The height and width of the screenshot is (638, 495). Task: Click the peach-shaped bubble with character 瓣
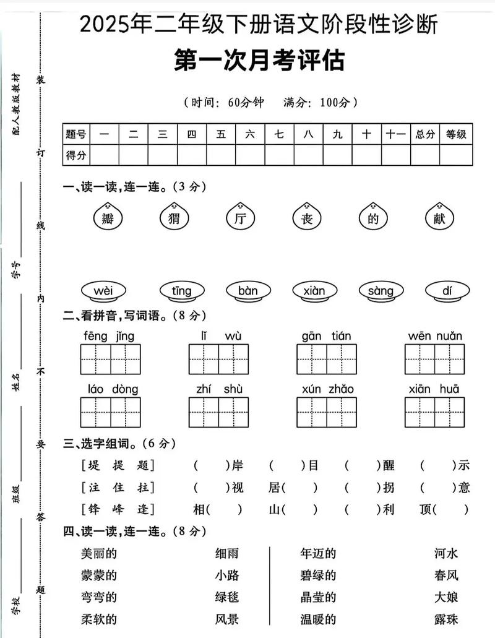tap(107, 218)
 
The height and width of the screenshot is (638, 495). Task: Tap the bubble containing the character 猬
tap(173, 218)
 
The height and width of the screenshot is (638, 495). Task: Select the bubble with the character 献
tap(439, 218)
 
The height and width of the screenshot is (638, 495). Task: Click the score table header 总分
tap(425, 134)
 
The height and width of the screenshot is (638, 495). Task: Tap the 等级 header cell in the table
tap(456, 134)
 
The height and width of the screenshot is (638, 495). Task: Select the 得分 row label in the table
tap(76, 155)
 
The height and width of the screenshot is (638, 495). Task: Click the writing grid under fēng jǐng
tap(111, 360)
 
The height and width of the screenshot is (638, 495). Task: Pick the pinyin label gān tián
tap(326, 336)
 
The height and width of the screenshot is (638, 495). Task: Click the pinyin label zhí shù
tap(219, 389)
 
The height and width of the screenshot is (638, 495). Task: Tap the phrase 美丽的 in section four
tap(99, 553)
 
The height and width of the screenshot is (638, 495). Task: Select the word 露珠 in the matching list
tap(446, 619)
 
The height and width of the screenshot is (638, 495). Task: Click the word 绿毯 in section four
tap(227, 597)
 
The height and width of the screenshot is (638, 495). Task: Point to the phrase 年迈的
tap(318, 553)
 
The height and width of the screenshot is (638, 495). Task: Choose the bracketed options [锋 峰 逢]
tap(118, 509)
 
